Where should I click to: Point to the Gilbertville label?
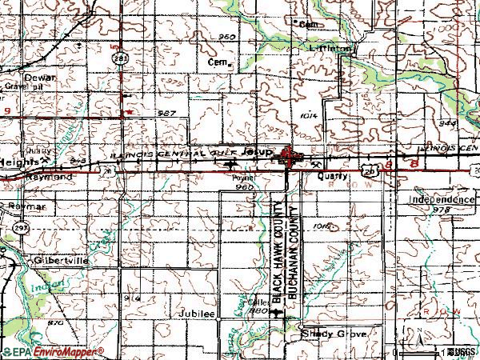(58, 261)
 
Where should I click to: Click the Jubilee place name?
(198, 314)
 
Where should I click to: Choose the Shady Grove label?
(335, 334)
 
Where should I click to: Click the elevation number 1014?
(311, 116)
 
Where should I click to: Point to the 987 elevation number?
(166, 114)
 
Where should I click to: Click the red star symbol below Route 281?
(129, 113)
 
